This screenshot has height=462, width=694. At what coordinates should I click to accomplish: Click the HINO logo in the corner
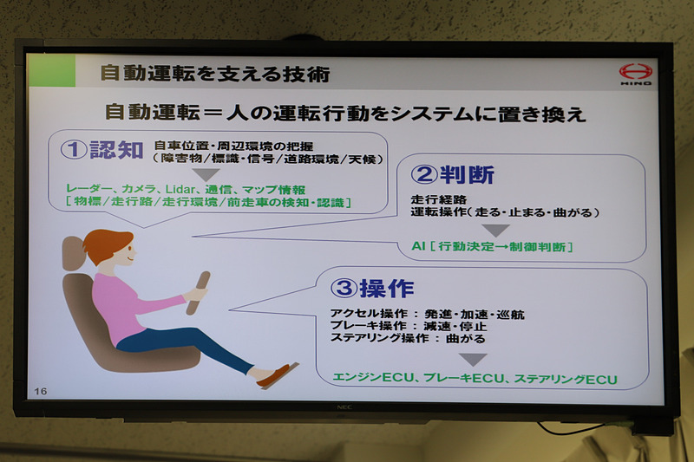[x=634, y=75]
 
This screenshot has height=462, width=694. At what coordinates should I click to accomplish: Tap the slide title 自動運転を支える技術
[x=214, y=74]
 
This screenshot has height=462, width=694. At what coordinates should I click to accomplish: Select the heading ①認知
[x=101, y=150]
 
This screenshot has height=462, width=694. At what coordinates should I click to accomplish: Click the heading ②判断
[x=452, y=174]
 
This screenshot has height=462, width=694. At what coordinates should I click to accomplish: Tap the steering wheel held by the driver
[x=198, y=293]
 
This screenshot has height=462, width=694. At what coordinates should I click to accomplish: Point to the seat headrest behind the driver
[x=72, y=253]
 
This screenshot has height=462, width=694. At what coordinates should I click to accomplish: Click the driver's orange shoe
[x=277, y=375]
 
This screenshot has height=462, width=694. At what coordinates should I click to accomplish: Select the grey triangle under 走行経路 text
[x=495, y=231]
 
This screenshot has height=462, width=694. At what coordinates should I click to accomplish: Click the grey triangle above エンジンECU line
[x=472, y=360]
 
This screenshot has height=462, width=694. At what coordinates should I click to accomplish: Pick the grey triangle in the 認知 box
[x=206, y=175]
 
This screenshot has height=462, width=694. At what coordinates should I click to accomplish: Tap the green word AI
[x=419, y=247]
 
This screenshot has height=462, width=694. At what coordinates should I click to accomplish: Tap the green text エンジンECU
[x=373, y=379]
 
